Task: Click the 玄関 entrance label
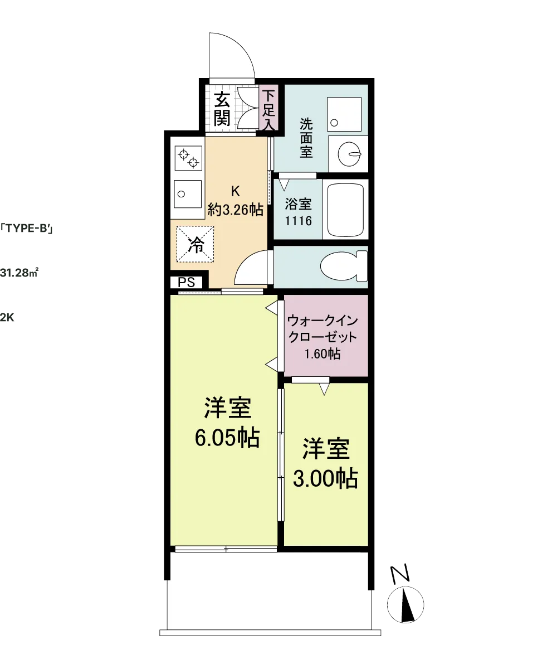click(222, 108)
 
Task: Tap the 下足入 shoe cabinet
click(268, 108)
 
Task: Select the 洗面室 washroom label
click(306, 138)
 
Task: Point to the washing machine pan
click(344, 114)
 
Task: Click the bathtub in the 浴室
click(345, 210)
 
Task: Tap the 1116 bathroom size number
click(299, 221)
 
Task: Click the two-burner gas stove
click(188, 158)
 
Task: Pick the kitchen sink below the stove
click(188, 194)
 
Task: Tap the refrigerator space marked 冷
click(196, 244)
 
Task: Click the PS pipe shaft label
click(186, 282)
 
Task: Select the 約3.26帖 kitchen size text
click(235, 210)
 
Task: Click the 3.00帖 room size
click(325, 479)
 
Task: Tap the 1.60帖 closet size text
click(323, 354)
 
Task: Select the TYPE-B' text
click(26, 229)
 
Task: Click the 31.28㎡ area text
click(19, 273)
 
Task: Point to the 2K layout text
click(7, 318)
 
